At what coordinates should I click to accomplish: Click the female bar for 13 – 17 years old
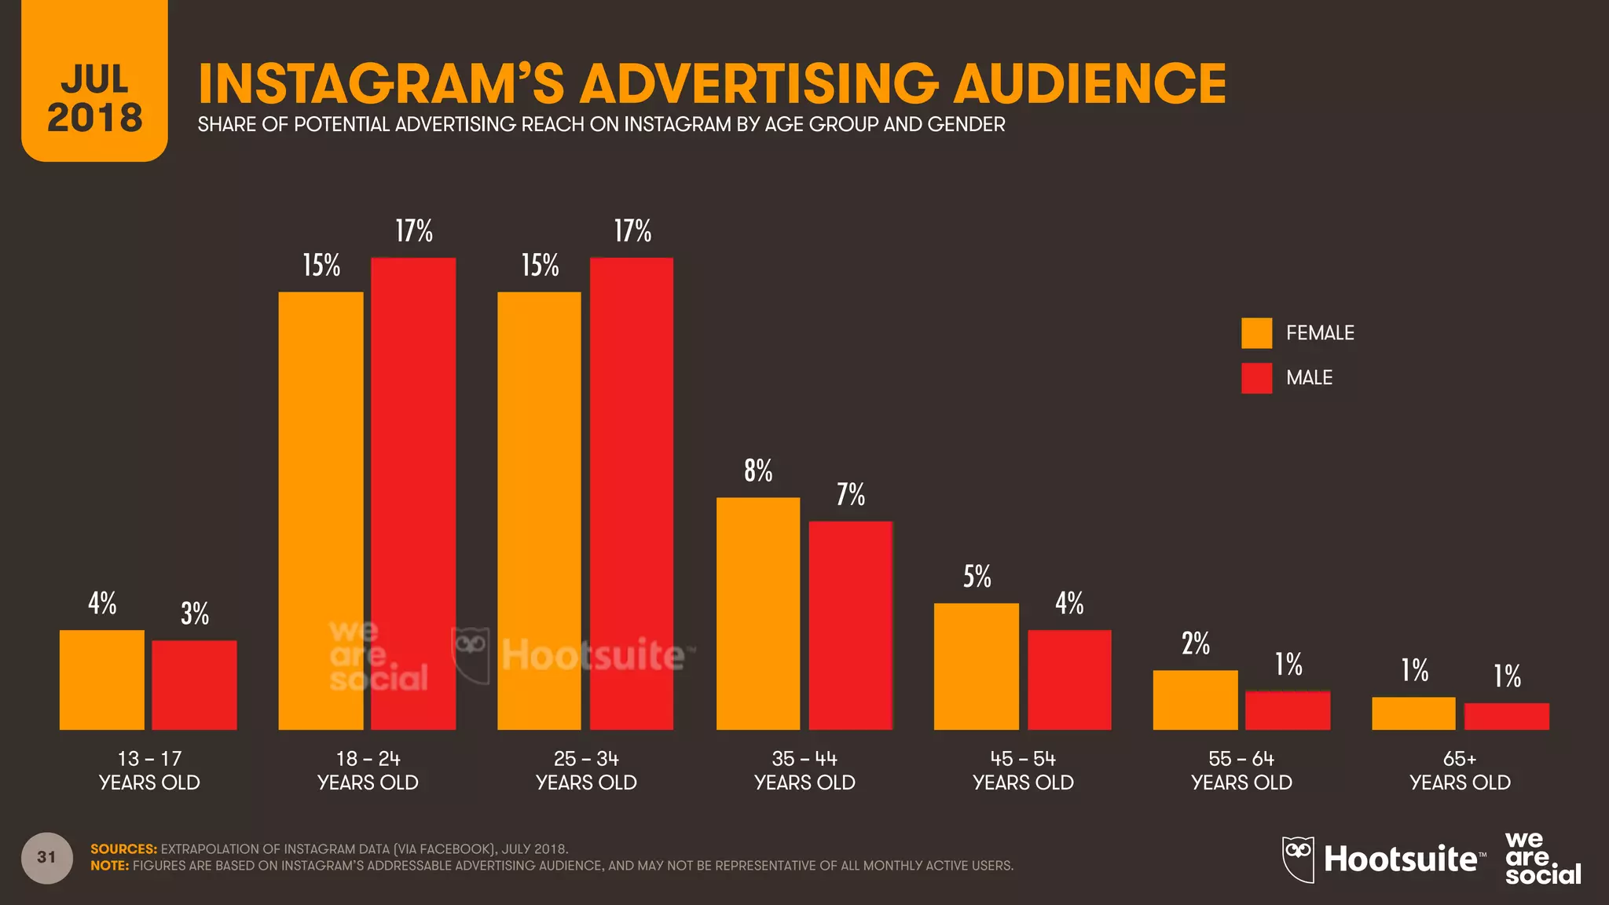[x=101, y=680]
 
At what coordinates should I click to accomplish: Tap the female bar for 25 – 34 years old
[x=539, y=511]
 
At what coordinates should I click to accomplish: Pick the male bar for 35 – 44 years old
[x=850, y=625]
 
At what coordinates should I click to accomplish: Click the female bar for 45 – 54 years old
[x=976, y=666]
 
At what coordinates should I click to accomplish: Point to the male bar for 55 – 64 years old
[x=1288, y=710]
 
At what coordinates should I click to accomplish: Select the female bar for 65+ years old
[x=1413, y=713]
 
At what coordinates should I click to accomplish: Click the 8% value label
[x=758, y=471]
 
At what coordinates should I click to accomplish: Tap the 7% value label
[x=850, y=495]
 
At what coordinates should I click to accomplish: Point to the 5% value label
[x=977, y=577]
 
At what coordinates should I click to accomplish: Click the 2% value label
[x=1196, y=644]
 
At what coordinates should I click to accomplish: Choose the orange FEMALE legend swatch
[x=1256, y=333]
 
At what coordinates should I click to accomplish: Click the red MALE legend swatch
[x=1256, y=378]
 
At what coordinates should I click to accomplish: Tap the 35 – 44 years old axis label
[x=804, y=771]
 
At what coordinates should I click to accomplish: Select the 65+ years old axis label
[x=1460, y=771]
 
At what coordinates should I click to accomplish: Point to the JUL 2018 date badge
[x=95, y=86]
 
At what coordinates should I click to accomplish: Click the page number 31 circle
[x=47, y=858]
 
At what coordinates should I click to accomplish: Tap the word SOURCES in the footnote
[x=123, y=849]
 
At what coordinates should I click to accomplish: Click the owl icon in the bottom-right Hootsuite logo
[x=1298, y=859]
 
